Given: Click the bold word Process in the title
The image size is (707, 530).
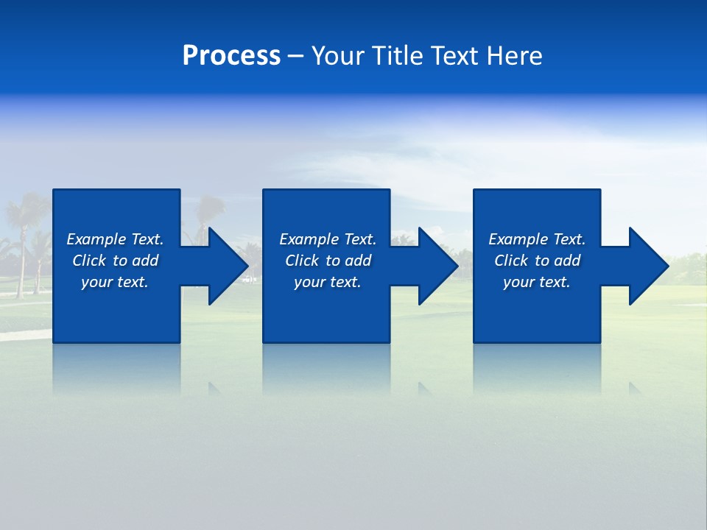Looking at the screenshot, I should tap(231, 56).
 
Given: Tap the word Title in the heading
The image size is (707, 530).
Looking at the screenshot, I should tap(398, 56).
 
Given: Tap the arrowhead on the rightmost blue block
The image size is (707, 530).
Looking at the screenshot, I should tap(647, 266).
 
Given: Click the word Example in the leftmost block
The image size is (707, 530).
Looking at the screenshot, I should tap(96, 239).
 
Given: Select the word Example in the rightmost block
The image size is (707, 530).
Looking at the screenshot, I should tap(518, 239).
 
